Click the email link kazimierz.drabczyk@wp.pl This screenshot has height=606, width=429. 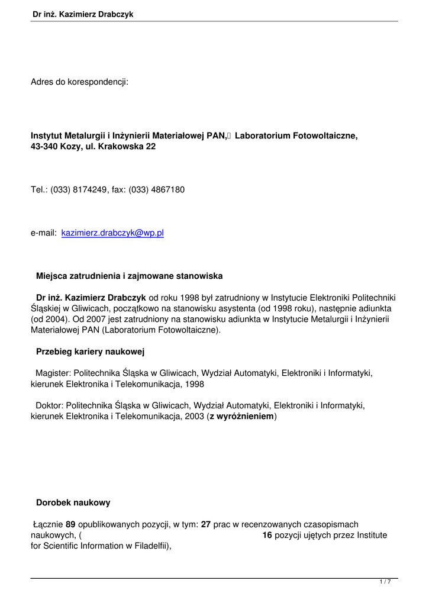(x=112, y=233)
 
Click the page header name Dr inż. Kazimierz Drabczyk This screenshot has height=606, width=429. (x=83, y=14)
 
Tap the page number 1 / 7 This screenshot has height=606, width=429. (x=385, y=582)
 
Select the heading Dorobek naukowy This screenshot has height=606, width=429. (x=73, y=503)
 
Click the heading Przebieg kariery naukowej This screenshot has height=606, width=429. (x=91, y=352)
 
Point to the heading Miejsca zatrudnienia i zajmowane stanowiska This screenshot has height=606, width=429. (x=129, y=276)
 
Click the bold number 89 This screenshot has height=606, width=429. (x=70, y=524)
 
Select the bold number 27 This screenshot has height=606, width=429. (x=206, y=524)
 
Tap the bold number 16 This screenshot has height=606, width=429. (x=267, y=535)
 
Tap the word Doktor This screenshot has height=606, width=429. (x=50, y=406)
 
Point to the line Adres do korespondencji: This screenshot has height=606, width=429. (x=80, y=82)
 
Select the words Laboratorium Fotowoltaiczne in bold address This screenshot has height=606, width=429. (x=296, y=136)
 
